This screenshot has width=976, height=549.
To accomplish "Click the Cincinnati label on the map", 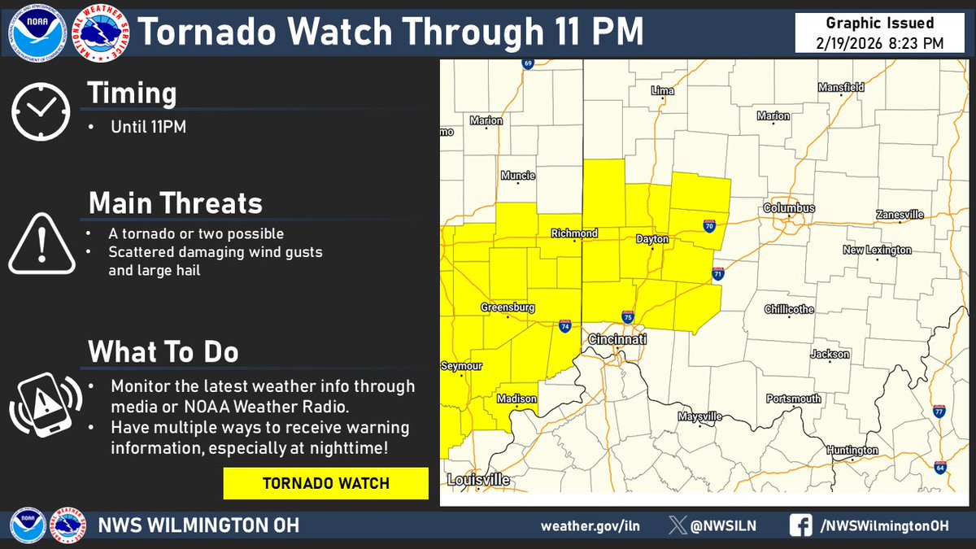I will (x=617, y=338).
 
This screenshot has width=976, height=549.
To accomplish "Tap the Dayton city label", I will (x=652, y=240).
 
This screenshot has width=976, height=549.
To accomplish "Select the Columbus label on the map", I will (x=789, y=208).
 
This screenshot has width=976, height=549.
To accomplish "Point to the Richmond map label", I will (x=574, y=233).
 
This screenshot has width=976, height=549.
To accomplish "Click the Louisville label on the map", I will (x=478, y=480).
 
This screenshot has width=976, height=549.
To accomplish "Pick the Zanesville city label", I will (x=900, y=215).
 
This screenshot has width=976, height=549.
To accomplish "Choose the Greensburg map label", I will (x=508, y=307).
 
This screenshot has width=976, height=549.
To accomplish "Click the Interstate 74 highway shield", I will (x=564, y=326).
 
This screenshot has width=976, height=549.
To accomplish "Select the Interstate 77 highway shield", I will (x=939, y=412).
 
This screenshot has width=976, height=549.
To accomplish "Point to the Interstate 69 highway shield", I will (x=527, y=63).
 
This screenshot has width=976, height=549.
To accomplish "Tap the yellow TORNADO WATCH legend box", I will (x=325, y=483).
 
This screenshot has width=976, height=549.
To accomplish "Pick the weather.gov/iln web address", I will (x=590, y=525).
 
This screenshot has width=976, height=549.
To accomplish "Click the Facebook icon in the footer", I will (x=800, y=525).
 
